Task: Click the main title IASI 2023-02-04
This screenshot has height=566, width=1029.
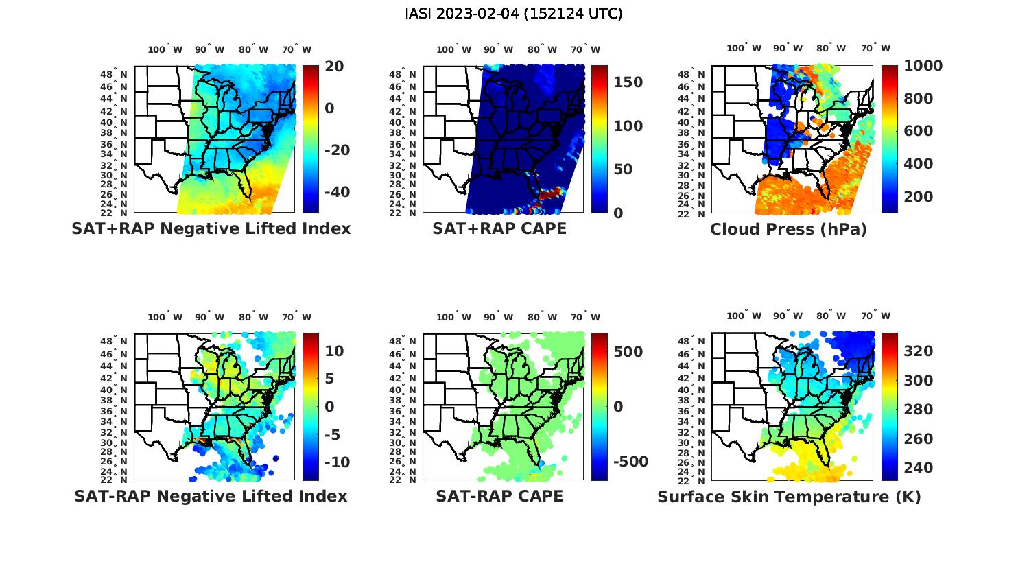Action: [514, 13]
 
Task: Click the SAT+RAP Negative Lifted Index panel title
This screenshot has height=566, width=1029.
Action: [211, 228]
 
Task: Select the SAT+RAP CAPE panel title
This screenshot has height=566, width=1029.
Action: [499, 228]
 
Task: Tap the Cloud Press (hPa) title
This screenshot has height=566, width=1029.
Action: [788, 229]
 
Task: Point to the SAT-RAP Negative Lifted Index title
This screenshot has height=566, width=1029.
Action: [211, 496]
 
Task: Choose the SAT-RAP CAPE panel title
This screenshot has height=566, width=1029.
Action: [499, 496]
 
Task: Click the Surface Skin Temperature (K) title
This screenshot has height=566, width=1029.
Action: [789, 497]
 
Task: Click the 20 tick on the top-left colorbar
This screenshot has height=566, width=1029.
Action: [335, 66]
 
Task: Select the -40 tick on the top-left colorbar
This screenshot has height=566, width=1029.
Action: [334, 191]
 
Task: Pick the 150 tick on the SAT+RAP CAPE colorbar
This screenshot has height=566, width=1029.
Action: [628, 82]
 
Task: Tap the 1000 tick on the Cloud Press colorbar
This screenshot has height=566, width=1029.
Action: [923, 66]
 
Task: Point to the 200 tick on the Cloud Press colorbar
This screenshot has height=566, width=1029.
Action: [918, 196]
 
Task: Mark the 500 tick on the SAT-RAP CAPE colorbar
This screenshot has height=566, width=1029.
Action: [628, 352]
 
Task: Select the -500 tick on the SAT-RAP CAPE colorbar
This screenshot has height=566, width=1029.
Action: [630, 462]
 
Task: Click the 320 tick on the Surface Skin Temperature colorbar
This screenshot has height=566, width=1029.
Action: [918, 351]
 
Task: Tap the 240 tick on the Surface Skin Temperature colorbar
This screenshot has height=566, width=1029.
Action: [918, 468]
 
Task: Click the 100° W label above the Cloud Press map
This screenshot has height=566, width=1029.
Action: [744, 49]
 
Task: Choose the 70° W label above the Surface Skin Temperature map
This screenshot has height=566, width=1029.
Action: [875, 316]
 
